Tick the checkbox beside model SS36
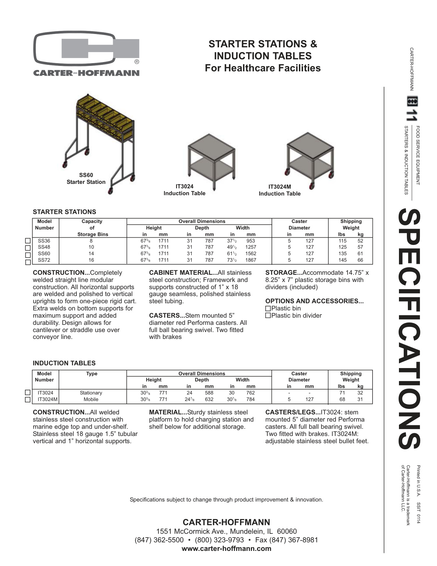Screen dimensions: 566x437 click(28, 241)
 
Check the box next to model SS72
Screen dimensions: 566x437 click(28, 262)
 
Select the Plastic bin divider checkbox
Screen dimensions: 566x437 click(268, 316)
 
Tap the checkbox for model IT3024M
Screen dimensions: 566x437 click(28, 400)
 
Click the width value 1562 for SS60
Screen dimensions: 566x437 click(251, 253)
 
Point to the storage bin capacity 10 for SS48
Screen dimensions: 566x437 click(91, 247)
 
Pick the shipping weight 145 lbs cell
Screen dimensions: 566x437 click(342, 260)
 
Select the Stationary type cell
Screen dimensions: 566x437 click(91, 393)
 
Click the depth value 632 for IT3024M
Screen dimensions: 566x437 click(209, 399)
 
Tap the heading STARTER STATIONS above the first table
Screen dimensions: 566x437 click(64, 212)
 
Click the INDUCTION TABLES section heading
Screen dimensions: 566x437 click(64, 363)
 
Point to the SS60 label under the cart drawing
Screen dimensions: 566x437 click(86, 175)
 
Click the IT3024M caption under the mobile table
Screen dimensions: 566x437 click(280, 187)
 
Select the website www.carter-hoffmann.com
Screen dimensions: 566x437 click(226, 549)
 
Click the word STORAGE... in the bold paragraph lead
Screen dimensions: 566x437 click(281, 273)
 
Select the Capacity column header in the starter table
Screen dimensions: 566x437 click(92, 222)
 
